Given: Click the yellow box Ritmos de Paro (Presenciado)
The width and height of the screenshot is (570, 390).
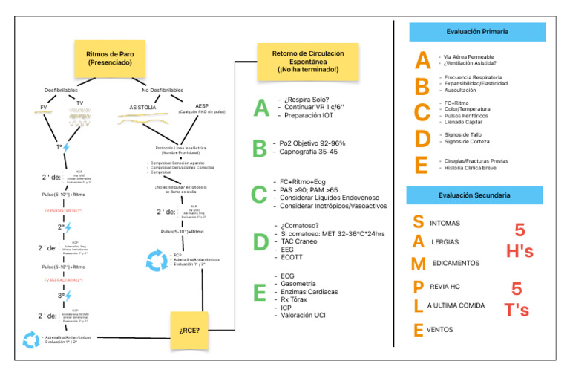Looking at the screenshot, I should click(x=109, y=59).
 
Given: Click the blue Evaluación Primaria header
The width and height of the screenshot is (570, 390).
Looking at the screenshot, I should click(x=476, y=32).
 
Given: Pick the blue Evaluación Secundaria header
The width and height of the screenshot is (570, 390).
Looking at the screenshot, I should click(x=476, y=195).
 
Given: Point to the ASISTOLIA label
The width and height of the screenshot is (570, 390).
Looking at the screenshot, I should click(x=142, y=107).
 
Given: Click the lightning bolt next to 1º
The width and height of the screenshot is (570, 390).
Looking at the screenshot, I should click(x=65, y=147).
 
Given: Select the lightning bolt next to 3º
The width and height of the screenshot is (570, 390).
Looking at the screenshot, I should click(x=65, y=296).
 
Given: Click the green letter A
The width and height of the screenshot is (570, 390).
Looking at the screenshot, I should click(x=260, y=108).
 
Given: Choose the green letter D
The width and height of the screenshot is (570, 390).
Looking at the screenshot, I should click(x=260, y=242).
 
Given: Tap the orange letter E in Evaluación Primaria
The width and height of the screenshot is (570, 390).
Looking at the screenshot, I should click(x=422, y=164).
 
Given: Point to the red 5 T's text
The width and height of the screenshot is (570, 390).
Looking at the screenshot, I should click(x=519, y=299).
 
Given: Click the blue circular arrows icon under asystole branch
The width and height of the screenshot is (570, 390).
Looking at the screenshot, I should click(x=157, y=260).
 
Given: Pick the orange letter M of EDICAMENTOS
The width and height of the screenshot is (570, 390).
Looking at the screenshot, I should click(x=419, y=264).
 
